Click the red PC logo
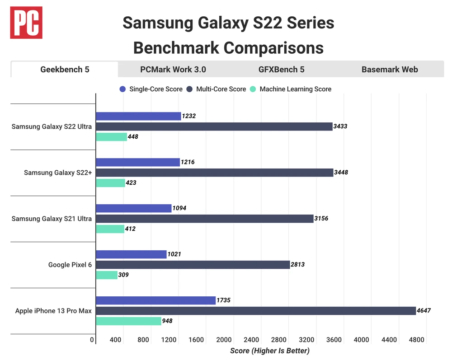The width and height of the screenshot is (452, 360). (x=27, y=23)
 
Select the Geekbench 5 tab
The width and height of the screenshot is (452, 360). (x=65, y=70)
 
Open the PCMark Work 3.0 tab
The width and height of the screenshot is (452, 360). (x=173, y=70)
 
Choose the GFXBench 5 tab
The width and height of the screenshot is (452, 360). (x=281, y=70)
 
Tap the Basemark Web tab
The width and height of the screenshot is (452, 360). (x=390, y=70)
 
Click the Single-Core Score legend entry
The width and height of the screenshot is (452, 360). (x=151, y=89)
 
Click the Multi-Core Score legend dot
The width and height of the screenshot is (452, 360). (x=191, y=89)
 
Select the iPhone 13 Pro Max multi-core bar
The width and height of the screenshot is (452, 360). (x=255, y=311)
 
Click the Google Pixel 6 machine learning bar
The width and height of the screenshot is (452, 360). (x=107, y=275)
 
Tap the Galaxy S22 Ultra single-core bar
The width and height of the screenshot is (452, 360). (x=138, y=116)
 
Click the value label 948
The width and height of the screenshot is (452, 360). (x=168, y=321)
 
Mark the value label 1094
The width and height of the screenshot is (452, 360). (x=180, y=208)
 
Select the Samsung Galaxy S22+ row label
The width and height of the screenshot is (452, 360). (x=58, y=173)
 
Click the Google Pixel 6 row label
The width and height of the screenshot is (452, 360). (x=70, y=265)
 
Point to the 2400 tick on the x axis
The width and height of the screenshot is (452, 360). (x=251, y=340)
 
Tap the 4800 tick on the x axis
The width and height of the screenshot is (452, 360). (x=417, y=340)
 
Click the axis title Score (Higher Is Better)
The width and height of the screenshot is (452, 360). (x=270, y=351)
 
